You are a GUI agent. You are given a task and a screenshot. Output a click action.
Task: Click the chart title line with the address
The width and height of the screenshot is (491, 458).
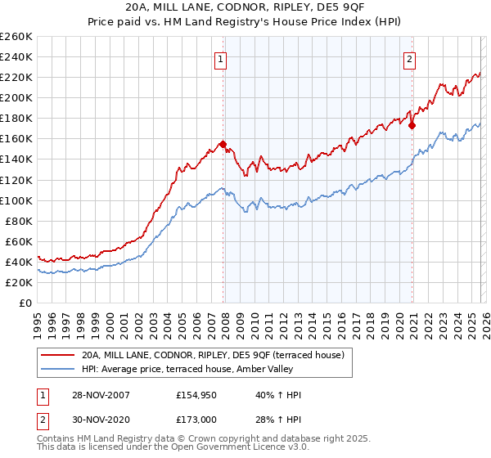click(245, 7)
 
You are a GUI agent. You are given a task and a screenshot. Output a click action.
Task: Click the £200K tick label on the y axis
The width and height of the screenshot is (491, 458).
click(16, 97)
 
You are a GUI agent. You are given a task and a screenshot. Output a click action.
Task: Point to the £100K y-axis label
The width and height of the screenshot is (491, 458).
click(16, 200)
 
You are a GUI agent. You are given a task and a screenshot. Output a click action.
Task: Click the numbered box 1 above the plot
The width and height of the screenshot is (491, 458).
click(222, 58)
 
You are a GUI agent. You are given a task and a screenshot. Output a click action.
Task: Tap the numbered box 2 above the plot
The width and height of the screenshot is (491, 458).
click(409, 58)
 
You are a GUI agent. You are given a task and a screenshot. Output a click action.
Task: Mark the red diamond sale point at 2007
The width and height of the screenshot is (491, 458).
click(223, 144)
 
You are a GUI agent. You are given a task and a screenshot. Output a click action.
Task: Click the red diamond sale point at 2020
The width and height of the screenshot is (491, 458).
click(412, 125)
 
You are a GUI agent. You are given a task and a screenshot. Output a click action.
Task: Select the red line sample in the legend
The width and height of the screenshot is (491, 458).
click(57, 355)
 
